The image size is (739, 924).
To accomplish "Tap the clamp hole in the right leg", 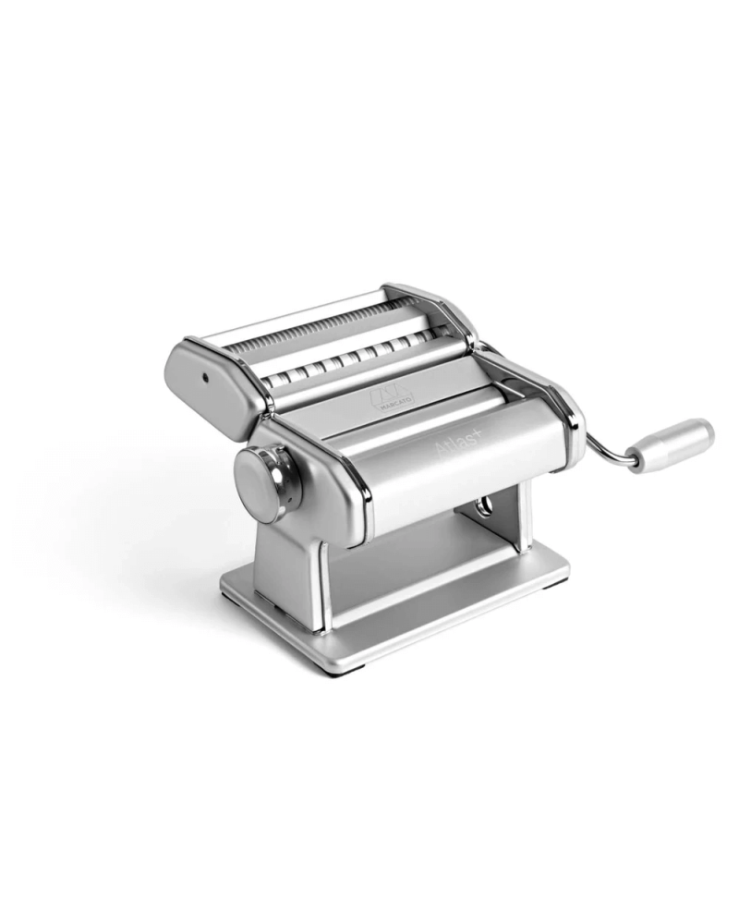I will [481, 508].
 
